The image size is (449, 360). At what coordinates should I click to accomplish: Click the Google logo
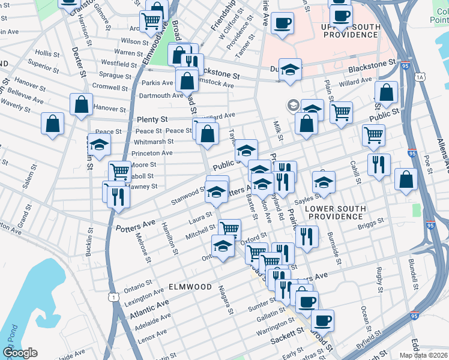point(20,353)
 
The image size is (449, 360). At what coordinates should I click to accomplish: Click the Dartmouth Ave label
point(161,95)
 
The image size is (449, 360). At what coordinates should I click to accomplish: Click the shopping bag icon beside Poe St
point(406,179)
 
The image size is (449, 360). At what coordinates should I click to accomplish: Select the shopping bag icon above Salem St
point(53,123)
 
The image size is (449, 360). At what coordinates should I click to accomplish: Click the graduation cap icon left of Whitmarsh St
point(100,144)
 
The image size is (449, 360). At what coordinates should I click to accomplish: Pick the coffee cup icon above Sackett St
point(322,320)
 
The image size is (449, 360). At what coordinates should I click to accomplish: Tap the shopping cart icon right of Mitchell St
point(229,228)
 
